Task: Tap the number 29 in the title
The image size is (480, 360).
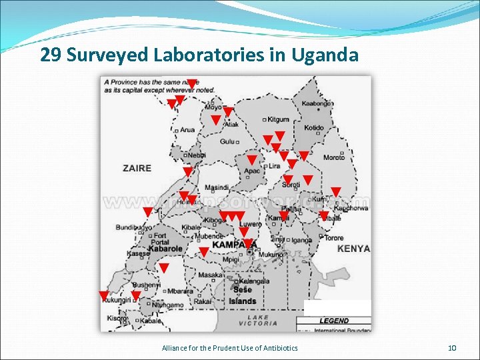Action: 49,55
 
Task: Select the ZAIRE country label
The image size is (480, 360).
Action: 137,168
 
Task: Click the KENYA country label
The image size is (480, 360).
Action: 353,249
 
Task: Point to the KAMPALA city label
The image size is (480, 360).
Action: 234,245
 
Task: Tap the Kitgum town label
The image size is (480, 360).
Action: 278,120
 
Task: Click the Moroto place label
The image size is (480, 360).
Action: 334,158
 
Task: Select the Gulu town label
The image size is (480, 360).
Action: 228,142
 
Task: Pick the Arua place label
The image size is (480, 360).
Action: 187,130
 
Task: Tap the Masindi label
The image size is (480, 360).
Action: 217,187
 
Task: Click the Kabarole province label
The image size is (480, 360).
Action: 165,249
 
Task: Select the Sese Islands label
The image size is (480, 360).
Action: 243,295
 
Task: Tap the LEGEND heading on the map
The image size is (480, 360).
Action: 333,321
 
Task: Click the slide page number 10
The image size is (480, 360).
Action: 452,348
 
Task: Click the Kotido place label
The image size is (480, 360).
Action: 314,128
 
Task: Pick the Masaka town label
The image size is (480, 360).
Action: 211,275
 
